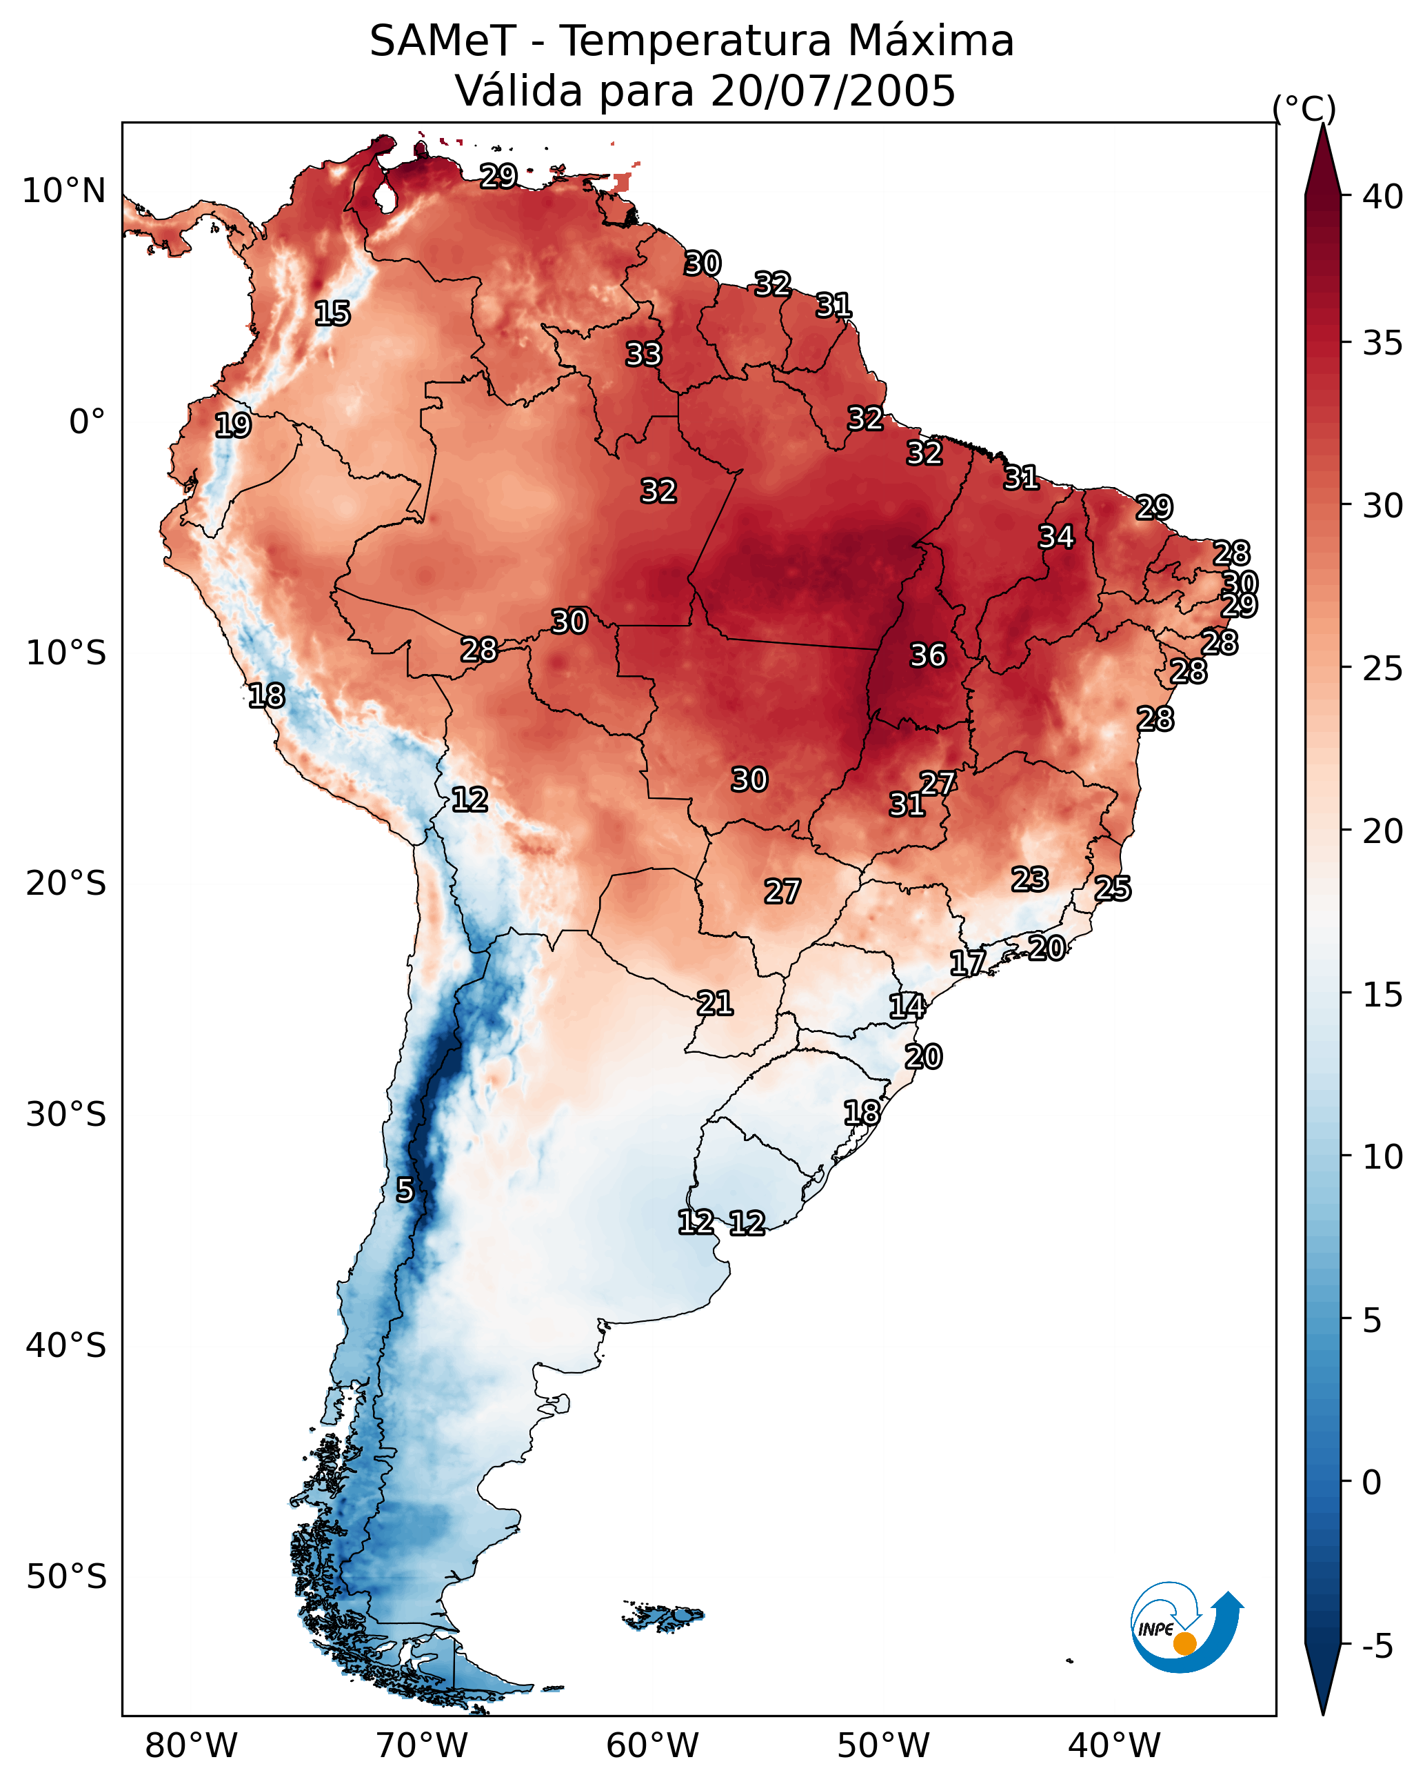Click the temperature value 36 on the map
pos(927,655)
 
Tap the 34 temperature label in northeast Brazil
pos(1056,537)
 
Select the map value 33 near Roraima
pos(643,354)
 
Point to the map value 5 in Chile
pos(405,1190)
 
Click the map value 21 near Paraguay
pos(714,1003)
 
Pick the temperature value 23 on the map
pos(1030,879)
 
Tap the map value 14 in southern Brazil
pos(907,1007)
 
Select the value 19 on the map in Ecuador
pos(232,426)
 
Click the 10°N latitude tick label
pos(63,191)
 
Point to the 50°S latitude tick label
pos(66,1577)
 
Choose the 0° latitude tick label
pos(87,422)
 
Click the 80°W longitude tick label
pos(191,1745)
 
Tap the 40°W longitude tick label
pos(1114,1745)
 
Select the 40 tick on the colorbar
pos(1383,197)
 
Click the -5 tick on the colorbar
pos(1377,1647)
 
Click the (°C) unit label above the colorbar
pos(1304,108)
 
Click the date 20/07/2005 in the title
pos(833,90)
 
